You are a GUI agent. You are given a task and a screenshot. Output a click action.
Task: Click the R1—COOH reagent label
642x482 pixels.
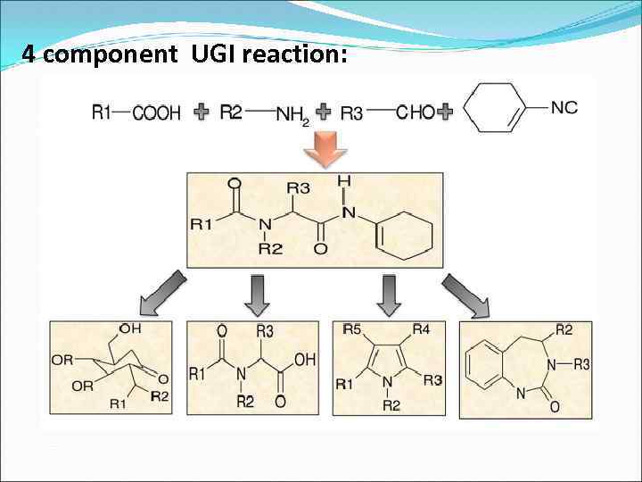click(136, 112)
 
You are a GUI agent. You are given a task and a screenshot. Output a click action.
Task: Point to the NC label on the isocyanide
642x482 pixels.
click(564, 108)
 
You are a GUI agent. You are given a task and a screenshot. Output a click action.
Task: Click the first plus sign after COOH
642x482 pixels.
click(202, 112)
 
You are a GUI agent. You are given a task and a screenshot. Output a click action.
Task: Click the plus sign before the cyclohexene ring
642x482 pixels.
click(446, 112)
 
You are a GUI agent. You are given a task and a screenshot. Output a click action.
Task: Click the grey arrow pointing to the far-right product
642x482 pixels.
click(465, 295)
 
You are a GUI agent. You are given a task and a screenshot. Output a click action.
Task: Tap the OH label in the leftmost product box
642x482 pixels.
click(130, 328)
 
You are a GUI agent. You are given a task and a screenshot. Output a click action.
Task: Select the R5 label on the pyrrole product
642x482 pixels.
click(351, 330)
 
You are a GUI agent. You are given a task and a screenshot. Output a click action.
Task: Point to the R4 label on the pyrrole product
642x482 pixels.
click(421, 330)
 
